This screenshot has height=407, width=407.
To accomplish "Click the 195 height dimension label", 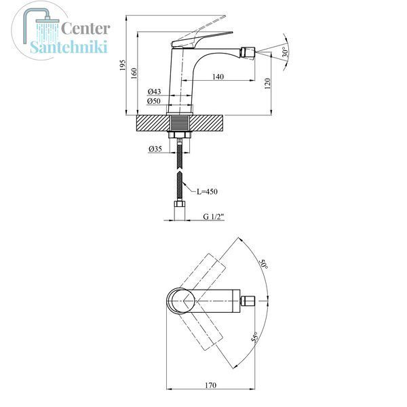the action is [x=123, y=65].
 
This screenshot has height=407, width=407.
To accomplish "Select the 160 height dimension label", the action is [x=134, y=73].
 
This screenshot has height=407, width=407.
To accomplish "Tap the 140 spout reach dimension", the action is [x=218, y=77].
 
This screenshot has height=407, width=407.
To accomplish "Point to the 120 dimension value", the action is [x=267, y=83].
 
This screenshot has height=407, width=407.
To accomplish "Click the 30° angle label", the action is [x=285, y=52].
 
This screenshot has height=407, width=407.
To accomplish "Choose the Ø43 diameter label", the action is [x=154, y=92].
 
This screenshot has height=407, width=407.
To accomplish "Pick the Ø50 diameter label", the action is [x=154, y=100].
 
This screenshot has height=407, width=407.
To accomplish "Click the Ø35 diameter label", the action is [x=155, y=149].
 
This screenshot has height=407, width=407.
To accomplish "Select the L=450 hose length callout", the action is [x=207, y=191].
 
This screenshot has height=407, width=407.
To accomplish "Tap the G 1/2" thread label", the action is [x=214, y=216].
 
